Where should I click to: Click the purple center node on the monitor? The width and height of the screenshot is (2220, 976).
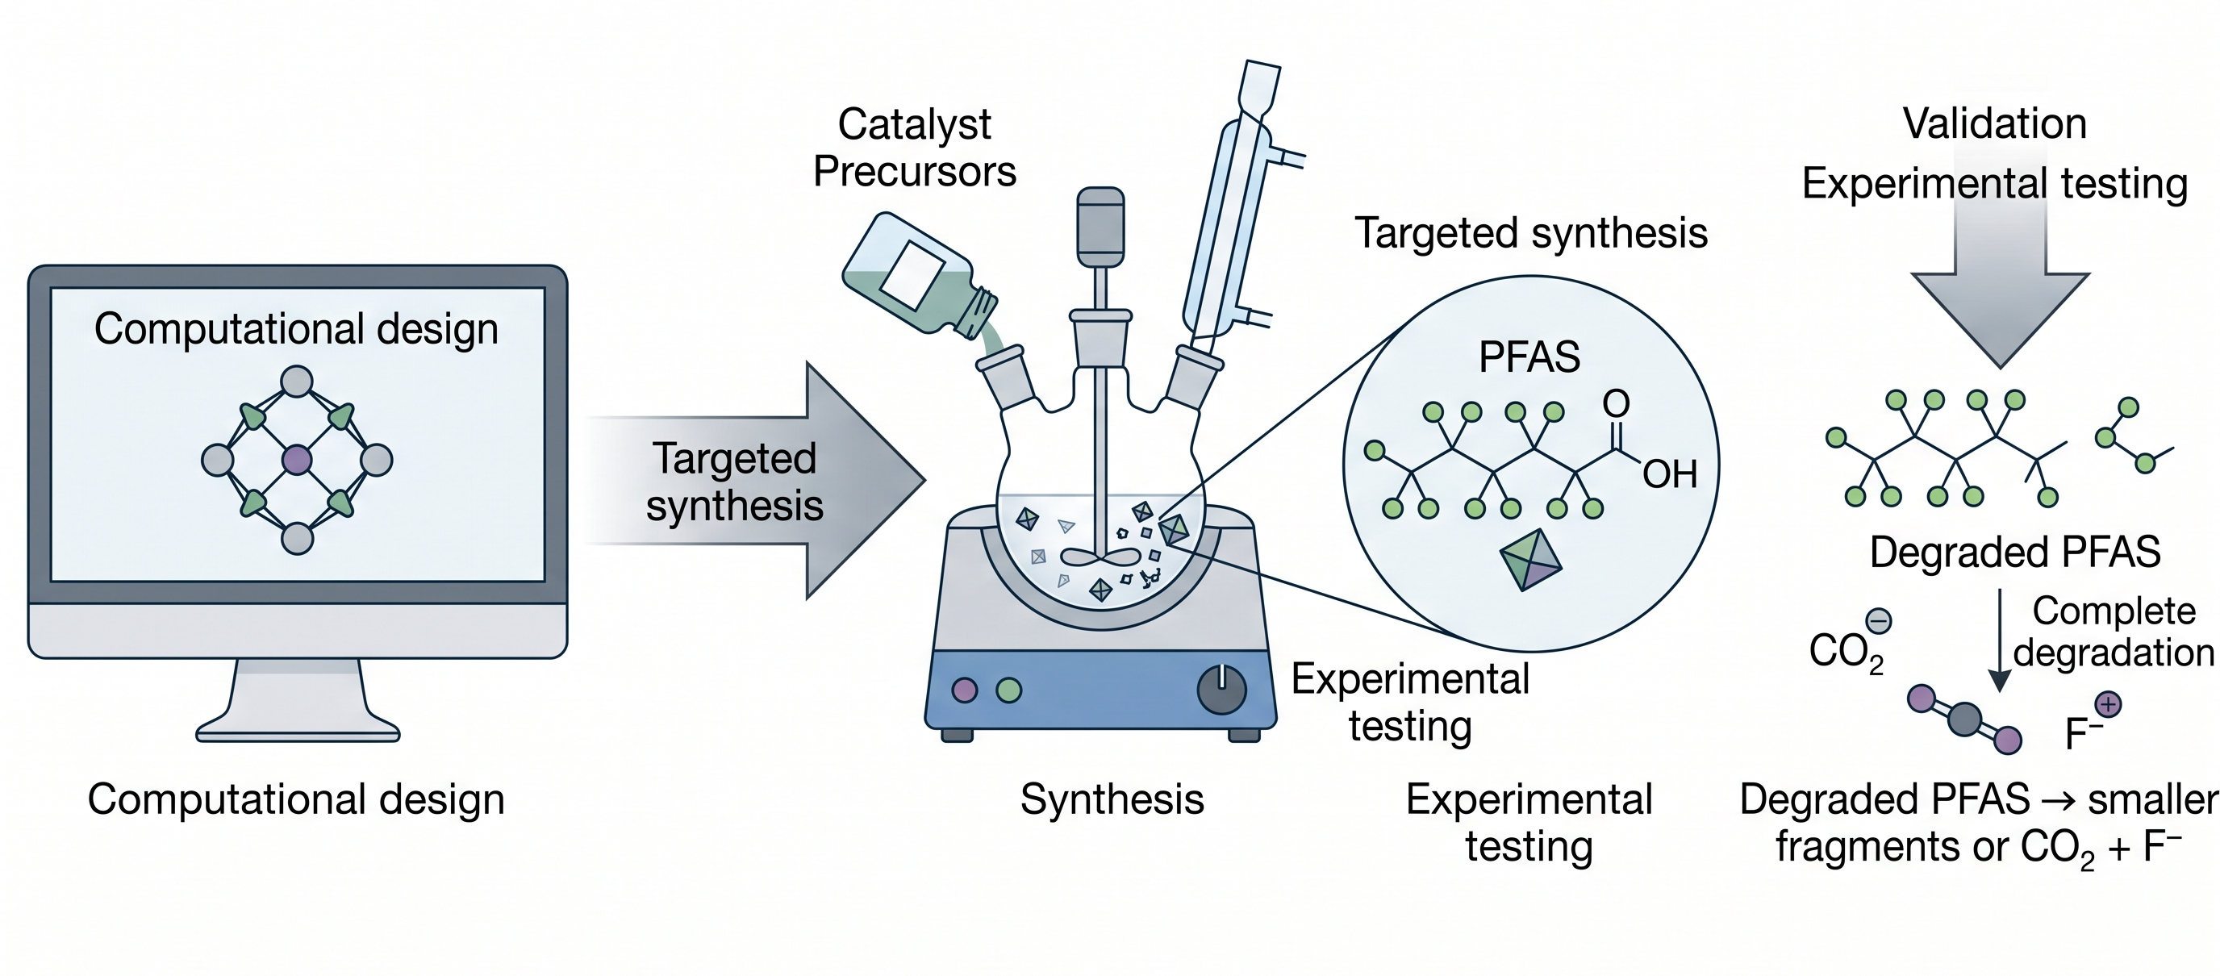tap(297, 460)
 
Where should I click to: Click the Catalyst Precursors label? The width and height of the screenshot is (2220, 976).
tap(914, 148)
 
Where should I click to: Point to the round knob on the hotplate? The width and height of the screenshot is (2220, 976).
tap(1221, 689)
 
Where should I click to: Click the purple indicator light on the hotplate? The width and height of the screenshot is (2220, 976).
tap(964, 690)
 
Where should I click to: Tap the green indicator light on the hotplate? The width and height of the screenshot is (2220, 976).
tap(1008, 690)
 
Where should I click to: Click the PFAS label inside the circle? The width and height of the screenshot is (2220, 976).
tap(1529, 357)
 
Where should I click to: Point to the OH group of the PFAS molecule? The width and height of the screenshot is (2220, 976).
tap(1669, 473)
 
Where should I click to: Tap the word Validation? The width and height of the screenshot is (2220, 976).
tap(1994, 123)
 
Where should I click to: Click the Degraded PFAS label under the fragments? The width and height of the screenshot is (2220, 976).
tap(2015, 553)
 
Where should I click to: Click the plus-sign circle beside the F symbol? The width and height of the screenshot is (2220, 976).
tap(2108, 705)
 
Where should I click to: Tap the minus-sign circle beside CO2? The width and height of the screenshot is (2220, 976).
tap(1879, 620)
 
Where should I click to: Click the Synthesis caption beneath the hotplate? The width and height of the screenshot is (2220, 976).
tap(1112, 799)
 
